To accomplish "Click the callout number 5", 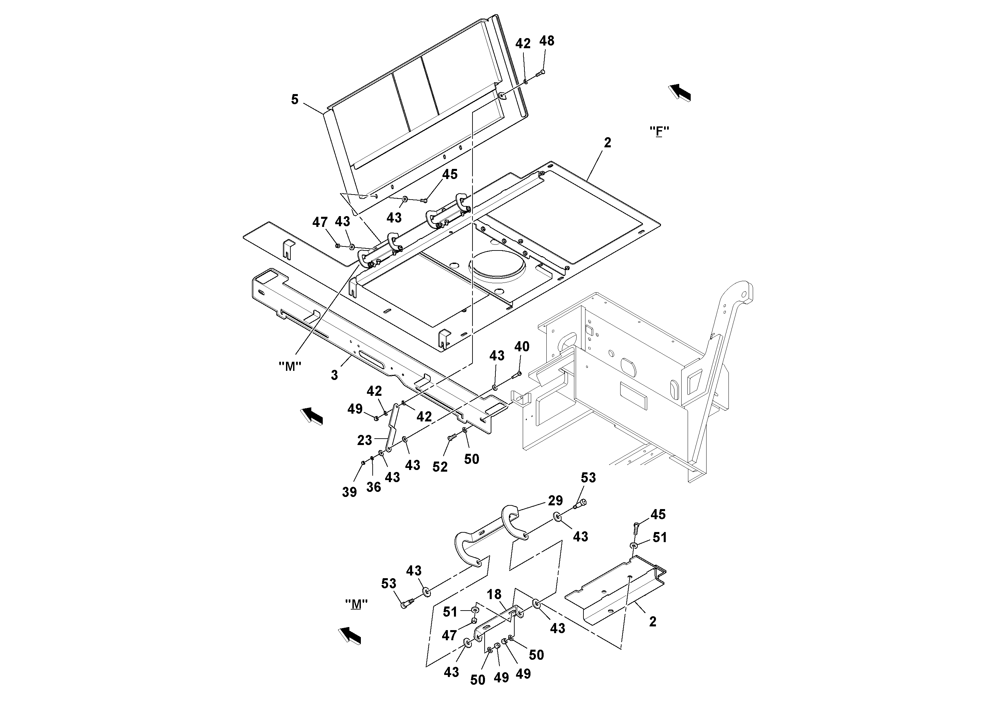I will point(295,100).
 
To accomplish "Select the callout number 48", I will point(547,41).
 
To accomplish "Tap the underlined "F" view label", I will point(659,131).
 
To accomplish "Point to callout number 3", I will point(335,375).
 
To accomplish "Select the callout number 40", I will point(522,347).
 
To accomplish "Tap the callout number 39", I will point(349,492).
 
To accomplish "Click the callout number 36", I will point(373,487).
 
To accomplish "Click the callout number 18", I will point(494,594).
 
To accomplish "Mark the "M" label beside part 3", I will point(290,367).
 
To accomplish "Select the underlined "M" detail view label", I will point(356,604).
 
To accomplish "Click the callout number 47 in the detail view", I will point(449,635).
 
